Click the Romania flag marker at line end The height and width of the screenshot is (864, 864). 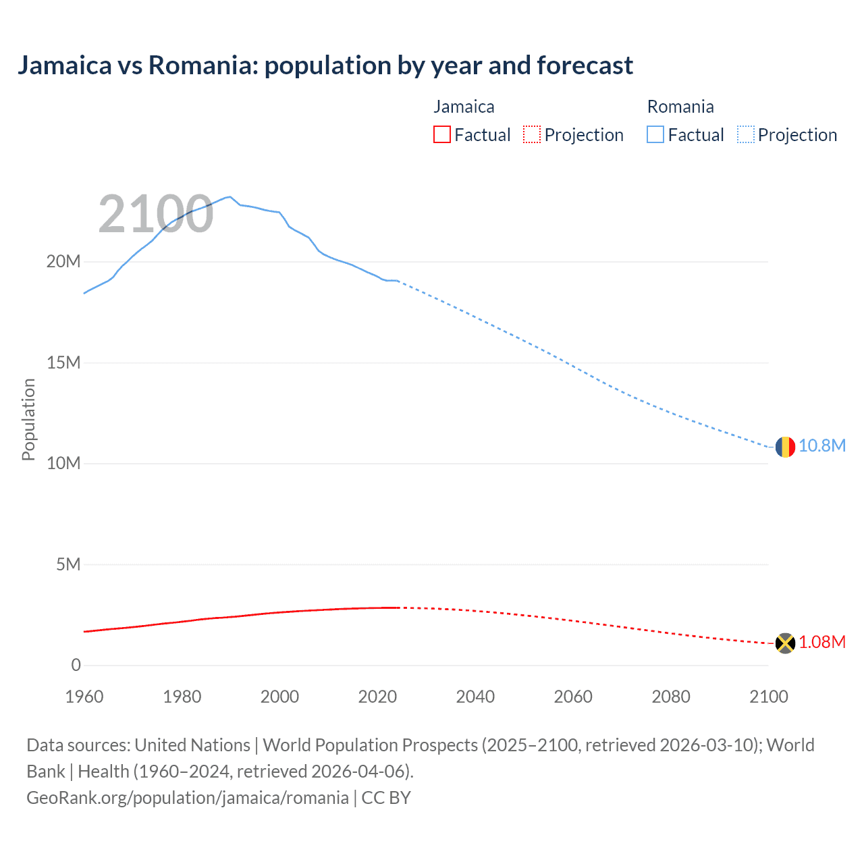pyautogui.click(x=785, y=447)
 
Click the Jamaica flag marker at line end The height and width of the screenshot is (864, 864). pyautogui.click(x=785, y=643)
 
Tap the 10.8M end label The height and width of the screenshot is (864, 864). pyautogui.click(x=822, y=446)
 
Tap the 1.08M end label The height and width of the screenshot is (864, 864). pyautogui.click(x=822, y=643)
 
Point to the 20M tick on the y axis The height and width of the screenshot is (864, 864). pyautogui.click(x=63, y=262)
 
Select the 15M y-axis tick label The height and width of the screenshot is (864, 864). pyautogui.click(x=63, y=363)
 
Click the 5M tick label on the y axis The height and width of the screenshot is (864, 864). pyautogui.click(x=68, y=564)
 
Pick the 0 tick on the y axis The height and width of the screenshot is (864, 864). pyautogui.click(x=76, y=666)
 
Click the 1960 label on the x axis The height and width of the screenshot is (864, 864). pyautogui.click(x=84, y=697)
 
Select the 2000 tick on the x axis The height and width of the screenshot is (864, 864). pyautogui.click(x=279, y=697)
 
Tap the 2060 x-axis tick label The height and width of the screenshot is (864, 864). pyautogui.click(x=573, y=697)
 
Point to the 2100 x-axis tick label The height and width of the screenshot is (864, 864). pyautogui.click(x=768, y=697)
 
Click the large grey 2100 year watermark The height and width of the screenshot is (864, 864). pyautogui.click(x=156, y=215)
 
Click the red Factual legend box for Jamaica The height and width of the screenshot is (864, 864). pyautogui.click(x=442, y=135)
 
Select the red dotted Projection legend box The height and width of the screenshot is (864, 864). pyautogui.click(x=532, y=135)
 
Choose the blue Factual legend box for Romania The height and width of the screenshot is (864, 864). pyautogui.click(x=655, y=135)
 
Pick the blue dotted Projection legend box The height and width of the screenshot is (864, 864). pyautogui.click(x=746, y=135)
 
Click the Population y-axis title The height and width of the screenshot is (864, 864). pyautogui.click(x=28, y=419)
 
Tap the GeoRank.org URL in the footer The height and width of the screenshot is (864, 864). pyautogui.click(x=188, y=798)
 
